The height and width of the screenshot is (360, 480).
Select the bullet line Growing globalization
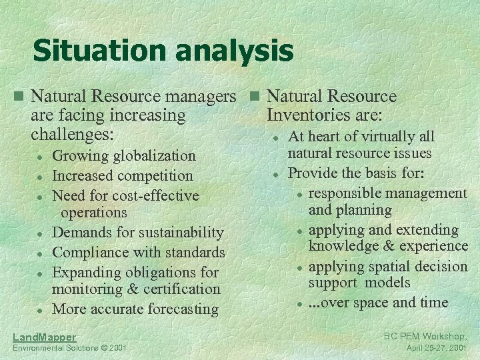coord(123,156)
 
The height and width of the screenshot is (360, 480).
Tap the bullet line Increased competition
coord(122,176)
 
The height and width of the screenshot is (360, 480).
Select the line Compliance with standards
coord(138,253)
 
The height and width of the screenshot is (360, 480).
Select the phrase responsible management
coord(387,193)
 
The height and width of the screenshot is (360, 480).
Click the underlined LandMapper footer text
coord(44,337)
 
